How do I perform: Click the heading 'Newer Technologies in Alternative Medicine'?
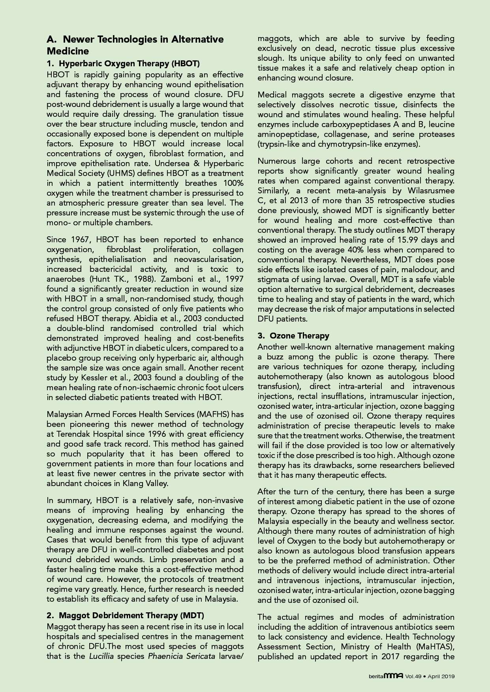pyautogui.click(x=135, y=45)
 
